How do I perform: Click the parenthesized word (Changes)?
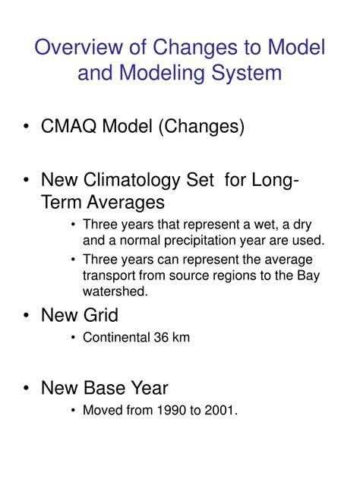coord(199,126)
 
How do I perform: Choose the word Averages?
coord(126,203)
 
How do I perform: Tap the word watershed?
coord(111,291)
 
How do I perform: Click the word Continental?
coord(116,338)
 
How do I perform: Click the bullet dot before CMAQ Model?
coord(27,127)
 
